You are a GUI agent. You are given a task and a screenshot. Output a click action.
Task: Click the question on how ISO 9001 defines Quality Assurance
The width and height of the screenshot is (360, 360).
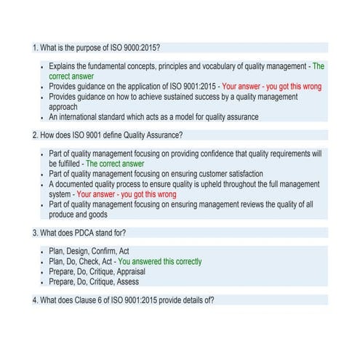[x=108, y=135]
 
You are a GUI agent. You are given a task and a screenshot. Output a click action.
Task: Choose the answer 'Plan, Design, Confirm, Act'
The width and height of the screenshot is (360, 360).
[x=89, y=251]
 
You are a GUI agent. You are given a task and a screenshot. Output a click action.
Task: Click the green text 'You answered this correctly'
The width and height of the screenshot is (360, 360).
[x=160, y=261]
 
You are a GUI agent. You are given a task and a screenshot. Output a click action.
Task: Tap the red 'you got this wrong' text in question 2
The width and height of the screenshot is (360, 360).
[x=127, y=195]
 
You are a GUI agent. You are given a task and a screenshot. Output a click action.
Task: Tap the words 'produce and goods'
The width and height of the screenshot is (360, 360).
[x=78, y=215]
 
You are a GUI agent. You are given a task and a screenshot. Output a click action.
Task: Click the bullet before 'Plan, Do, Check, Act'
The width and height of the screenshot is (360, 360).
[x=41, y=261]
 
